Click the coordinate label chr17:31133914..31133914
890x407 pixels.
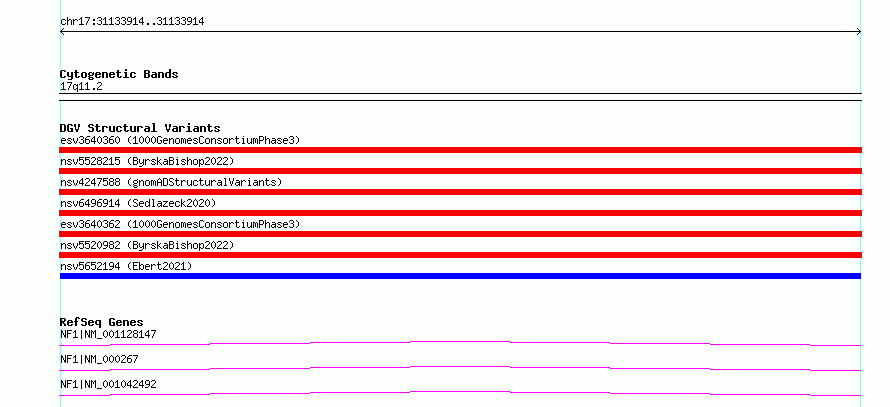tap(132, 22)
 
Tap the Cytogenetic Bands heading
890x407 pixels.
tap(119, 74)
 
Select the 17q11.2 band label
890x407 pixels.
tap(81, 87)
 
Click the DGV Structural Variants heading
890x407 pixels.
tap(140, 128)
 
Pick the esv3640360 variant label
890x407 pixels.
tap(180, 140)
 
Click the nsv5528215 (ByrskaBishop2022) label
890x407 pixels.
tap(147, 161)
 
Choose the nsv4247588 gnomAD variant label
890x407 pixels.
tap(171, 182)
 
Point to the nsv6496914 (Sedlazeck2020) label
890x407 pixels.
tap(138, 203)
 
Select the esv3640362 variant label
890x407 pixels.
tap(180, 224)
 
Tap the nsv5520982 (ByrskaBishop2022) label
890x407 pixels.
tap(147, 245)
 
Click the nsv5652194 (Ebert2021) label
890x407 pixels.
tap(126, 266)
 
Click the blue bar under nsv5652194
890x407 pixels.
tap(460, 276)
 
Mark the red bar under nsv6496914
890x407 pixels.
tap(460, 213)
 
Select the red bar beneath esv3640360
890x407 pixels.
tap(460, 150)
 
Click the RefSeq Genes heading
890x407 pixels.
tap(102, 322)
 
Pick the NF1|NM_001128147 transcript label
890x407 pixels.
tap(108, 335)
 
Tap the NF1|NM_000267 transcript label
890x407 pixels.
tap(99, 359)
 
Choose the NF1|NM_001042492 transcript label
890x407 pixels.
tap(108, 384)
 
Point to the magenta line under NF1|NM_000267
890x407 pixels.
tap(460, 368)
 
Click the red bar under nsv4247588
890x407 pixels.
tap(460, 192)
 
